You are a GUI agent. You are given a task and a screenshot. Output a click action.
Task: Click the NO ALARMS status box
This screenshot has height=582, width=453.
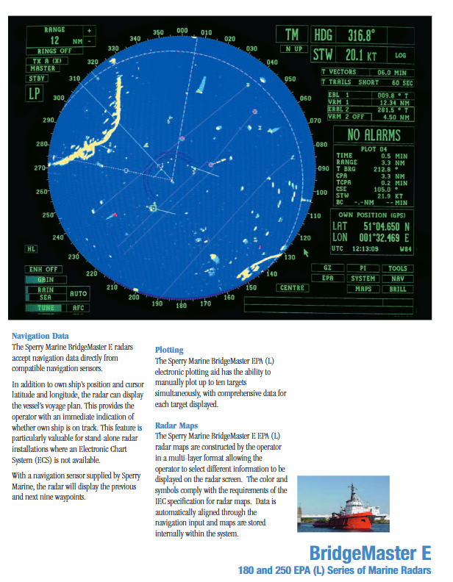click(374, 135)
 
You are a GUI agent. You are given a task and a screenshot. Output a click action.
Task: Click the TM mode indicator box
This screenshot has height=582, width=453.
click(292, 35)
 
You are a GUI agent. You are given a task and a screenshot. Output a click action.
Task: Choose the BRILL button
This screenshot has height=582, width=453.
click(397, 289)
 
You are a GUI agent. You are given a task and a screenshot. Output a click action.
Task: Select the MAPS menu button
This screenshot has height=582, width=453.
click(363, 289)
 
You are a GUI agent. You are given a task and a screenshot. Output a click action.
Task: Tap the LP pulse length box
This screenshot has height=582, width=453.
click(35, 93)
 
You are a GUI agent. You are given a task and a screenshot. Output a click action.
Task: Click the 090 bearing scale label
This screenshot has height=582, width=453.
click(324, 168)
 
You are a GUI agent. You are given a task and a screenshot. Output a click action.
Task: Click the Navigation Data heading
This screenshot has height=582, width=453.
click(41, 336)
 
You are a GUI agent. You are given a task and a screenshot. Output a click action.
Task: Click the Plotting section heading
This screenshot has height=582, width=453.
click(169, 350)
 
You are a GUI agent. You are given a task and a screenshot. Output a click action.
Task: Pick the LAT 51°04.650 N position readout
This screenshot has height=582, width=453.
click(371, 227)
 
